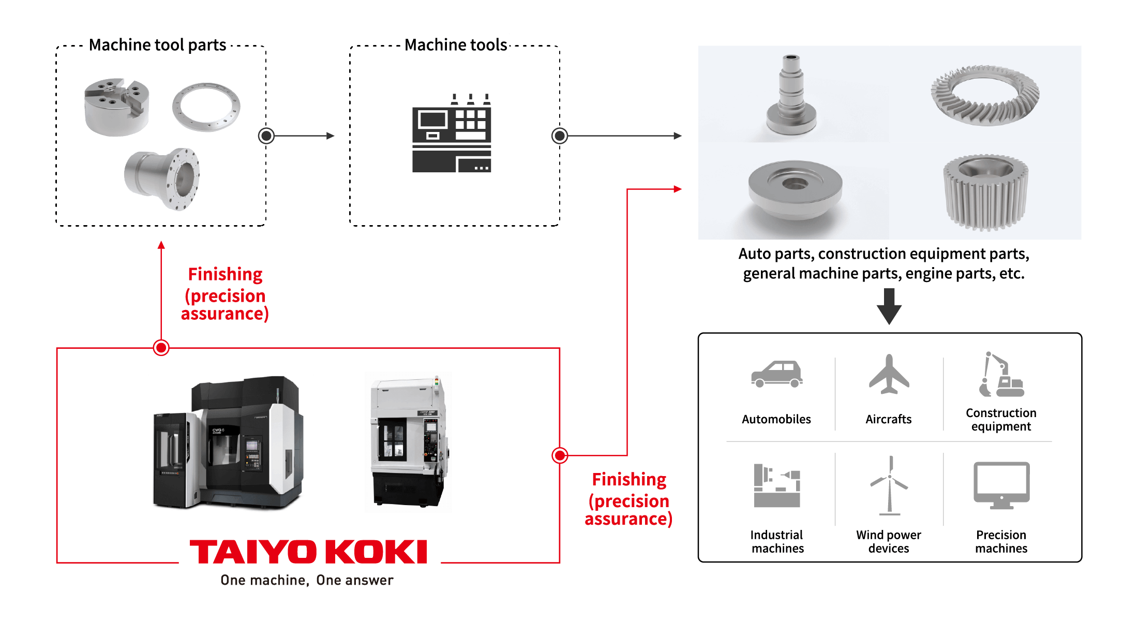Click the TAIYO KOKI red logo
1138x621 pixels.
pyautogui.click(x=308, y=552)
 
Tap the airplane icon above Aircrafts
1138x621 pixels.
pyautogui.click(x=889, y=374)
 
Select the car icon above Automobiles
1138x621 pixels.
pyautogui.click(x=777, y=374)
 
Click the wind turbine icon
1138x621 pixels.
pyautogui.click(x=889, y=485)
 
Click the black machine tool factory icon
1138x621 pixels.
pyautogui.click(x=452, y=133)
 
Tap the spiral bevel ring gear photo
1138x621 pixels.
pyautogui.click(x=985, y=95)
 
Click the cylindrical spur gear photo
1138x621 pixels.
pyautogui.click(x=986, y=192)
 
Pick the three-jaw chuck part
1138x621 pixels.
pyautogui.click(x=117, y=107)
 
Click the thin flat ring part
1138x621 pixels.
pyautogui.click(x=206, y=107)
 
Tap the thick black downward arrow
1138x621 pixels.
pyautogui.click(x=889, y=306)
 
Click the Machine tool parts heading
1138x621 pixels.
pyautogui.click(x=157, y=45)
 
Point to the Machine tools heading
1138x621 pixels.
pyautogui.click(x=456, y=45)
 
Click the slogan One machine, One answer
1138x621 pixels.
pyautogui.click(x=307, y=580)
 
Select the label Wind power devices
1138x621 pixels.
pyautogui.click(x=889, y=541)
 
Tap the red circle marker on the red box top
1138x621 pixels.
pyautogui.click(x=161, y=348)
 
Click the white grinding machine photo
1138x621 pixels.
pyautogui.click(x=409, y=442)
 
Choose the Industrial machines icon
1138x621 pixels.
pyautogui.click(x=777, y=485)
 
